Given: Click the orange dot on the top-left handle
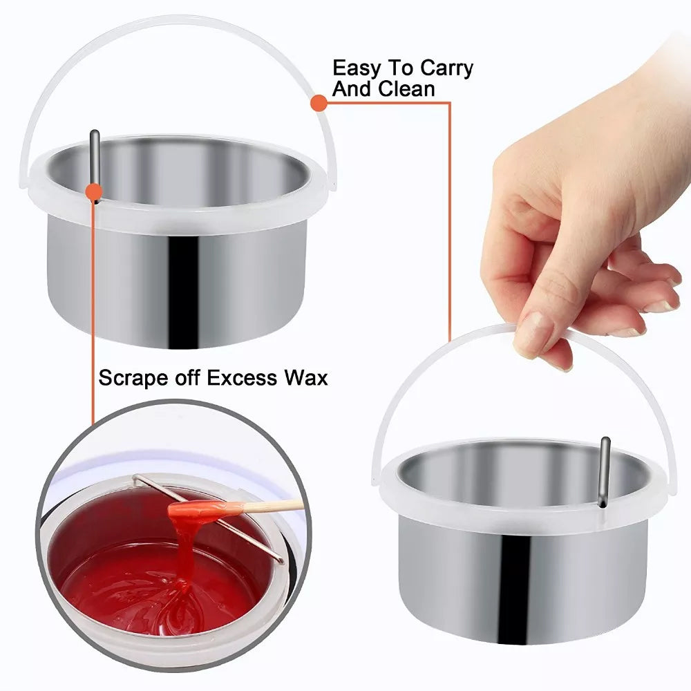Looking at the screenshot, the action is pyautogui.click(x=319, y=103).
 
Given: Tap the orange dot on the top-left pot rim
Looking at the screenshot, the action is pyautogui.click(x=94, y=192).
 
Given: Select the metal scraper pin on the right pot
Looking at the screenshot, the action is pyautogui.click(x=604, y=471).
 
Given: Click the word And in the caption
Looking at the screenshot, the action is pyautogui.click(x=352, y=88).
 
